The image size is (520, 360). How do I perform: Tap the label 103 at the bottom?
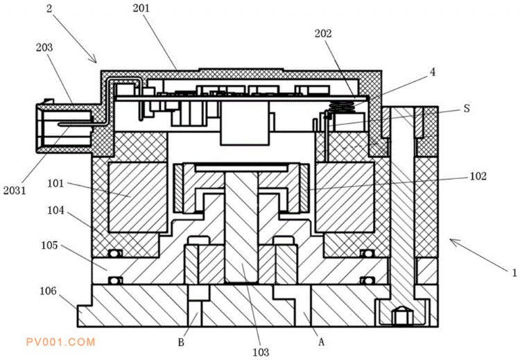coord(260,352)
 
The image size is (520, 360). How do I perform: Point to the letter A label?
coord(321,341)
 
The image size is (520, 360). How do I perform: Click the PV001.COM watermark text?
coord(60,341)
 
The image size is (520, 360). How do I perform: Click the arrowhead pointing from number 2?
coord(95,60)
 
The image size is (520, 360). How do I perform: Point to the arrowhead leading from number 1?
coord(451,241)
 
